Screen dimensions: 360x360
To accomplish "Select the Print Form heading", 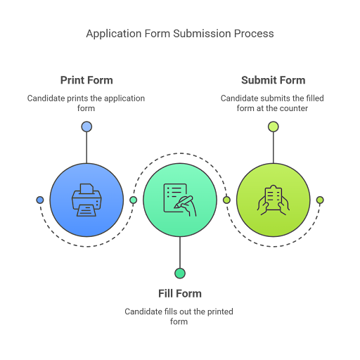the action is [x=86, y=80].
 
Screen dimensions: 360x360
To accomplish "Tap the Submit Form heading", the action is [x=274, y=80].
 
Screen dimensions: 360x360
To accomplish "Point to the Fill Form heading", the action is [x=180, y=293].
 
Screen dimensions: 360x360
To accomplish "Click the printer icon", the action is [x=86, y=200].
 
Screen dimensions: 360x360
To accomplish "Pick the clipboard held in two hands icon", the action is [x=274, y=200].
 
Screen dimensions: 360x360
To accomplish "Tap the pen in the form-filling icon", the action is [x=184, y=202].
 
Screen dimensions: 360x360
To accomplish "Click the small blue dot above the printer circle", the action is [x=86, y=127].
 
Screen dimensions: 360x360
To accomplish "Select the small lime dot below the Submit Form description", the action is [x=274, y=127].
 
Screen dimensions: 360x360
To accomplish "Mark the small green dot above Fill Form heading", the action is [x=180, y=274].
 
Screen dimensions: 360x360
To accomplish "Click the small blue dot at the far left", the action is [x=40, y=200].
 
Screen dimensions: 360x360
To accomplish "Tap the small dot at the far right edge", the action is [x=320, y=200].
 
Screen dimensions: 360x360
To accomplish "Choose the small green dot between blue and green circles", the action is [x=133, y=200].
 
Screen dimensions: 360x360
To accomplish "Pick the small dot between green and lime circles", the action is [x=226, y=200].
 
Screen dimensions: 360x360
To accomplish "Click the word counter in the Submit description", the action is [x=294, y=108].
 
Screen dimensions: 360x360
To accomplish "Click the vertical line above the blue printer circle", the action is [x=86, y=148].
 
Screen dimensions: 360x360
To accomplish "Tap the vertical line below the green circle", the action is [x=180, y=252].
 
